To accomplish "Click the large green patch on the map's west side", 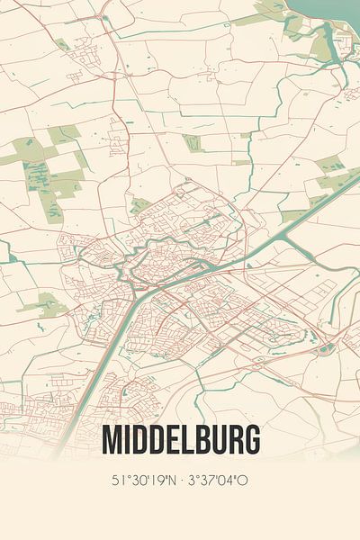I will tap(54, 175).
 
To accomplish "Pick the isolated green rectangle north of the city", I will tap(193, 142).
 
